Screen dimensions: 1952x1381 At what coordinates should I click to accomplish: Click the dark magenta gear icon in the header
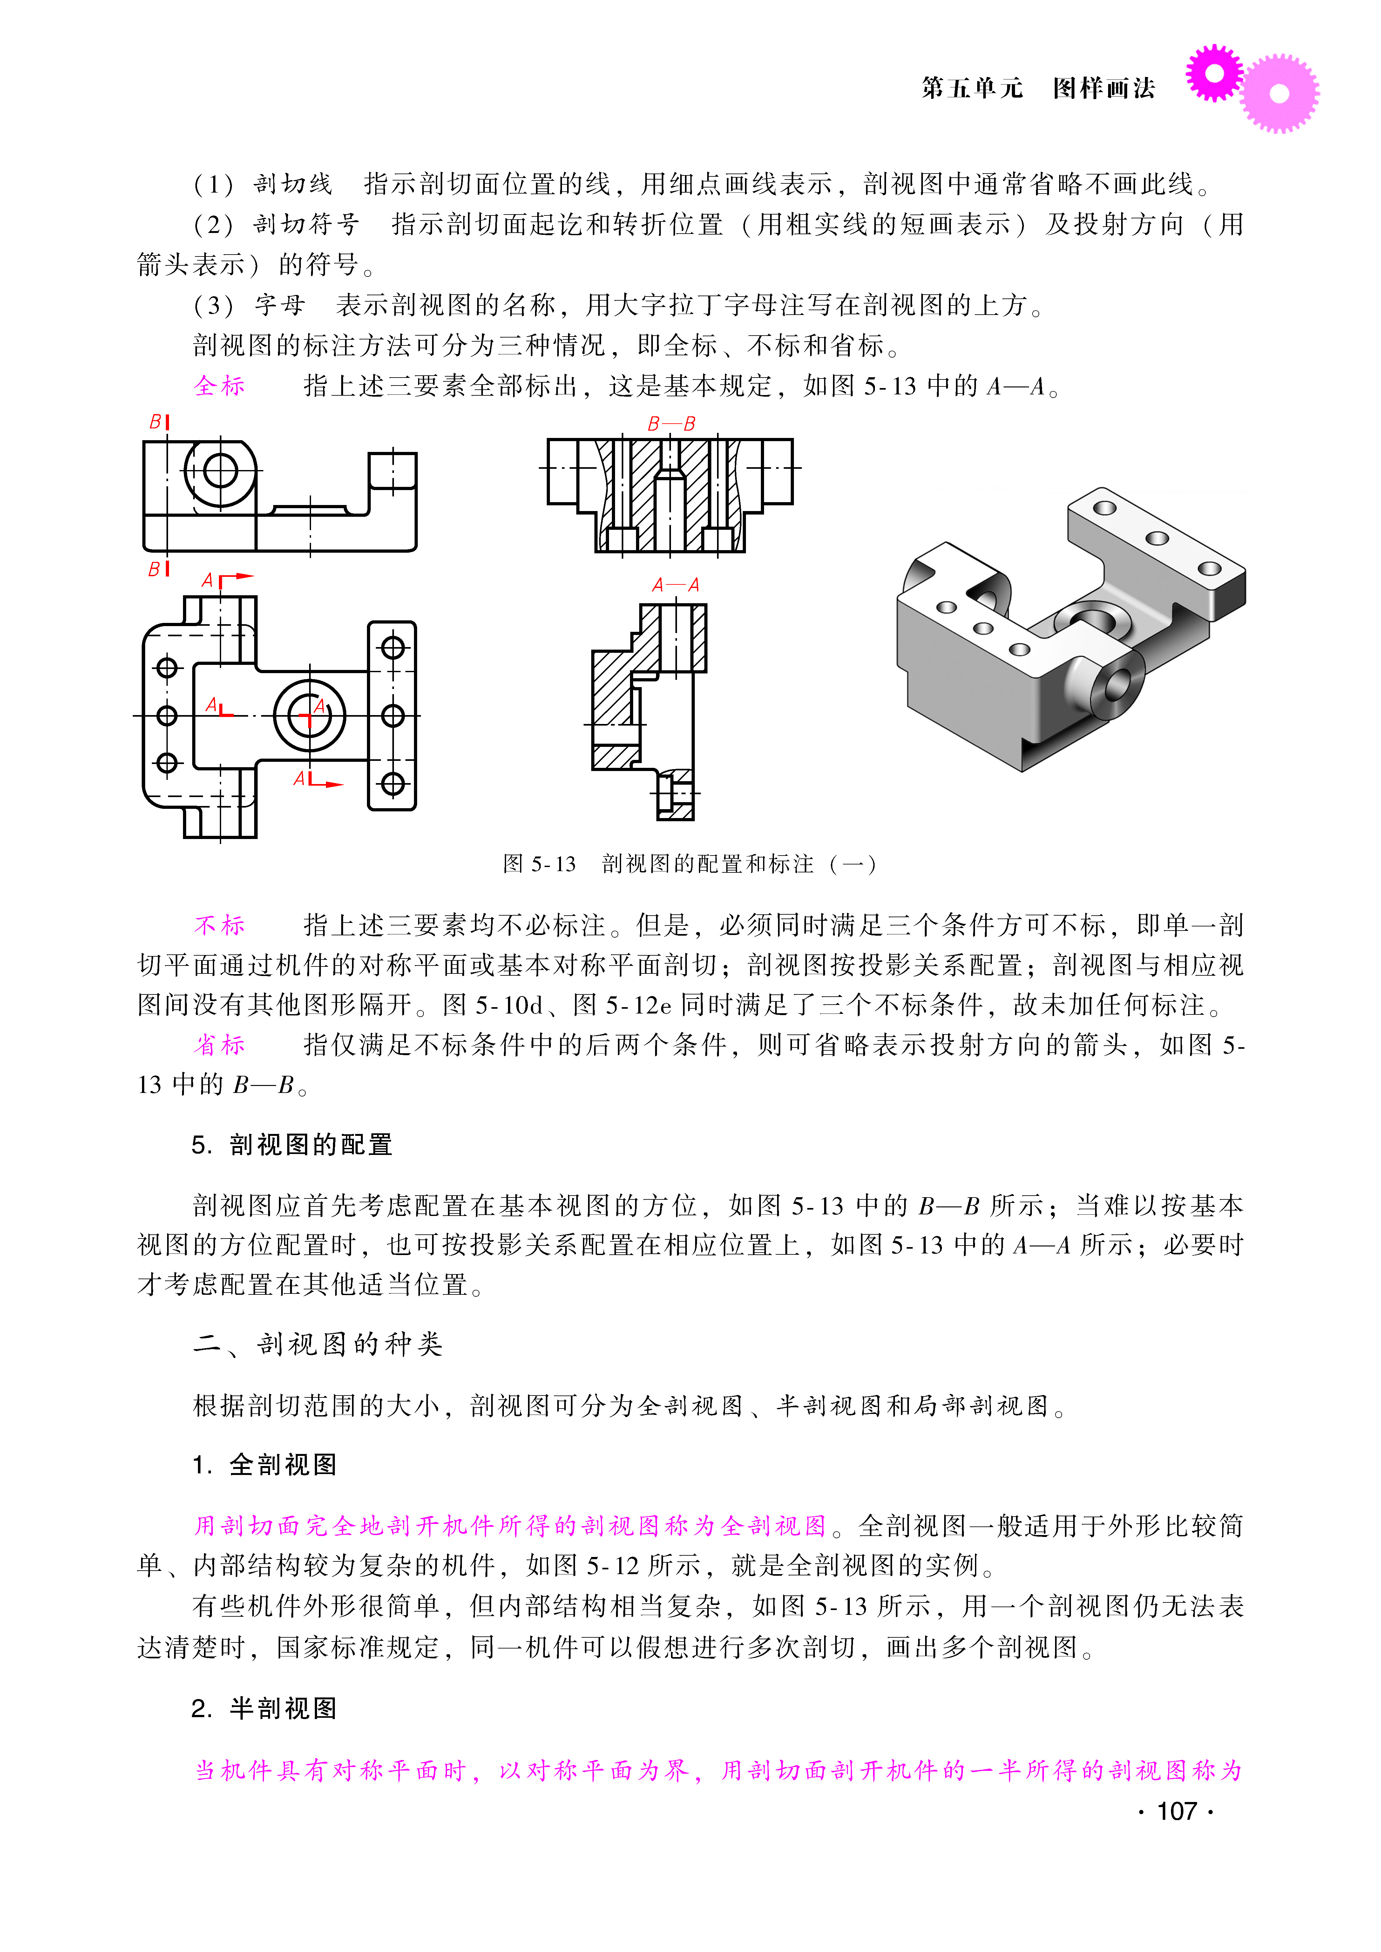point(1214,73)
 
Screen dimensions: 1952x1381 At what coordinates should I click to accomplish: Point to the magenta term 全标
point(220,386)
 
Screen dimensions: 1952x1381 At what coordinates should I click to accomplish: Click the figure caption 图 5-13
point(539,864)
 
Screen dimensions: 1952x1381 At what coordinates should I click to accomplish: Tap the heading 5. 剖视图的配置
point(292,1145)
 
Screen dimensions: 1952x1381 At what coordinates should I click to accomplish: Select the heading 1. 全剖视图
point(264,1465)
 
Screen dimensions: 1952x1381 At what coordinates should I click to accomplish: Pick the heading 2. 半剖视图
point(264,1709)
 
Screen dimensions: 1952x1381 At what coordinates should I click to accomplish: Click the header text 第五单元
point(972,88)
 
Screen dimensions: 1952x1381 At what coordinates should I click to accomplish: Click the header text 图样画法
point(1104,88)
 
